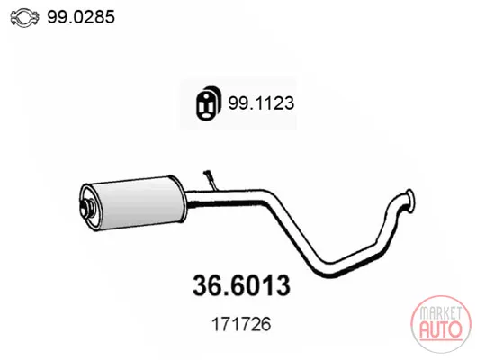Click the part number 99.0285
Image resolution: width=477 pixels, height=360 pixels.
click(81, 17)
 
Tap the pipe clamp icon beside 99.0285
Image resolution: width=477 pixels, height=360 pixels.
click(24, 17)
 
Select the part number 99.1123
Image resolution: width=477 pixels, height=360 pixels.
click(261, 103)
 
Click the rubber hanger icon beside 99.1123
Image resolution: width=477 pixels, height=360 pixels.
click(208, 103)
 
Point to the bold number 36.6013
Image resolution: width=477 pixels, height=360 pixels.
click(241, 285)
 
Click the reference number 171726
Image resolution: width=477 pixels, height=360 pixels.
click(241, 324)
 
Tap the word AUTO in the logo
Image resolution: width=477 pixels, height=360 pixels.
click(441, 329)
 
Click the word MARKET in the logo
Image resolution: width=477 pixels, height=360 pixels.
click(441, 313)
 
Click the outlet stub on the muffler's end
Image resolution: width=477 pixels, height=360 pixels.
click(88, 207)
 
